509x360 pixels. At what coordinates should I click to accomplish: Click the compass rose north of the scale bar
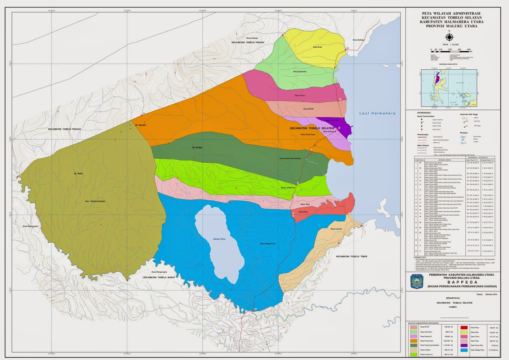(x=449, y=37)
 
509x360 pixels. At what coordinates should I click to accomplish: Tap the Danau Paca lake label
(x=219, y=239)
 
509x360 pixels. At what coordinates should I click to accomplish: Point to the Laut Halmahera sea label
(x=377, y=113)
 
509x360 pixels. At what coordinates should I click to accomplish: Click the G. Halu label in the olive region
(x=78, y=173)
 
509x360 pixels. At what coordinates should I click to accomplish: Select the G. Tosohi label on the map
(x=140, y=125)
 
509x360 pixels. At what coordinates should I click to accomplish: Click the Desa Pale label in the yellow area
(x=317, y=47)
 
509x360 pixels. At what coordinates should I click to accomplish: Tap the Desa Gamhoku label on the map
(x=300, y=72)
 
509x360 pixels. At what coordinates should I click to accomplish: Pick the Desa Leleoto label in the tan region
(x=336, y=229)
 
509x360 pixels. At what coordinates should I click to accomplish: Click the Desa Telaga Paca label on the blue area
(x=268, y=244)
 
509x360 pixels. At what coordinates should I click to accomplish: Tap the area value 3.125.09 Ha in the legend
(x=494, y=350)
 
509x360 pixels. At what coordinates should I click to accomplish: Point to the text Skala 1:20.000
(x=450, y=45)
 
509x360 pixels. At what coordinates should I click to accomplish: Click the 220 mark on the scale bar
(x=450, y=50)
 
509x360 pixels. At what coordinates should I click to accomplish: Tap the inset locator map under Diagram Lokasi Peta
(x=449, y=88)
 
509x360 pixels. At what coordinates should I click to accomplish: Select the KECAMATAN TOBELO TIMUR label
(x=352, y=256)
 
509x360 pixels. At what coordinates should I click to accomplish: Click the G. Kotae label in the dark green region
(x=197, y=148)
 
